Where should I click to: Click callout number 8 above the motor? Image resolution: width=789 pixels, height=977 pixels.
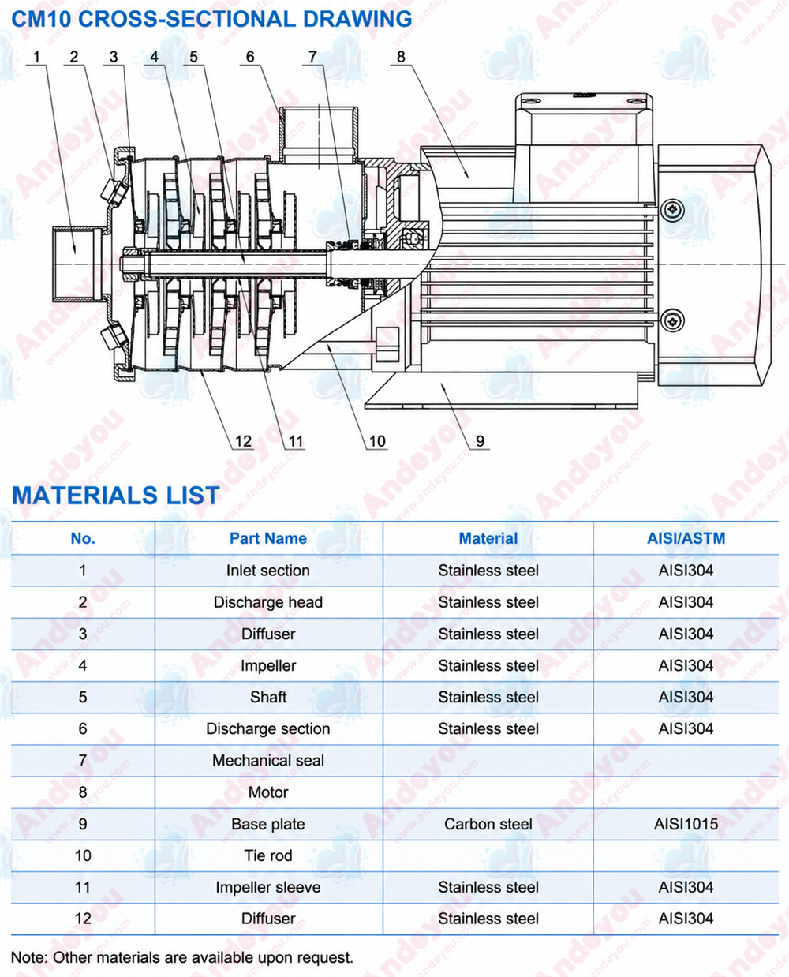pos(401,57)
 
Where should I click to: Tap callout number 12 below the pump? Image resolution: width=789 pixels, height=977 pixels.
pos(244,441)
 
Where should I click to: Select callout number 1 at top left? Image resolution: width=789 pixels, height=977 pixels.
pos(36,57)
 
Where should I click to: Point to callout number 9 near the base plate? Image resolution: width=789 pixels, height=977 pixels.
pos(480,441)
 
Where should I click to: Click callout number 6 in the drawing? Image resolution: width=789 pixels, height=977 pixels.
pos(250,57)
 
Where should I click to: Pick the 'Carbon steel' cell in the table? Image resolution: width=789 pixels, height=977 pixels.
pos(488,824)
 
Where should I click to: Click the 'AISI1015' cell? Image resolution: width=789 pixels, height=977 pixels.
pos(686,824)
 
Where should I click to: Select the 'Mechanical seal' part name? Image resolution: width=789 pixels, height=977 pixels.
pos(268,761)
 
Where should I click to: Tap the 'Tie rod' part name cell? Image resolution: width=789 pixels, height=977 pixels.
pos(268,856)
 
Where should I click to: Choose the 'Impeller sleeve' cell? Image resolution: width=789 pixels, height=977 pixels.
pos(268,888)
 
